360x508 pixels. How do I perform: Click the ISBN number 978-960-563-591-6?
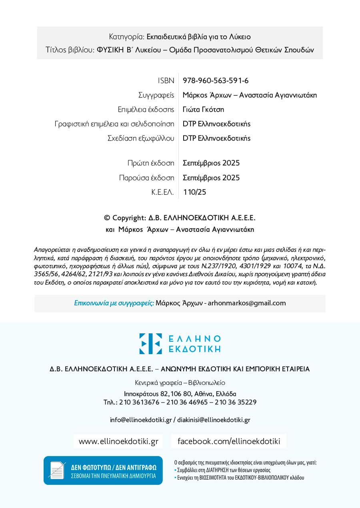tap(216, 81)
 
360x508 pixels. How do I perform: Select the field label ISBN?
tap(166, 81)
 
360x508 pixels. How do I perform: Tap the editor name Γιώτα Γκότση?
tap(203, 110)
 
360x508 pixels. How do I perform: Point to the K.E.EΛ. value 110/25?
tap(195, 192)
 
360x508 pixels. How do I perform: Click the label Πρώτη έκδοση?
tap(151, 163)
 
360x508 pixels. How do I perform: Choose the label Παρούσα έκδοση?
tap(146, 178)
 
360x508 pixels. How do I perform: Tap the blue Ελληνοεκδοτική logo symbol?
tap(150, 344)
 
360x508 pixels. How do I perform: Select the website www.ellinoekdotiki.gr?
tap(118, 441)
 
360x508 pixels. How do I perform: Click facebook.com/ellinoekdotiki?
tap(229, 441)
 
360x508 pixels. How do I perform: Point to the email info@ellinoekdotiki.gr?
tap(141, 420)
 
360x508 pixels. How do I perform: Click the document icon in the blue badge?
tap(56, 470)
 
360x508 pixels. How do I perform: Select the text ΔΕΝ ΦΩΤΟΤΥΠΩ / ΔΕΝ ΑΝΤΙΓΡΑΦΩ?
tap(114, 467)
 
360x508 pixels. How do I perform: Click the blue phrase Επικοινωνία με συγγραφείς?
tap(114, 303)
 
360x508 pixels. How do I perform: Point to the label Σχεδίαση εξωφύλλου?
tap(141, 138)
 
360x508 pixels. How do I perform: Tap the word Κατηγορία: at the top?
tap(126, 37)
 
